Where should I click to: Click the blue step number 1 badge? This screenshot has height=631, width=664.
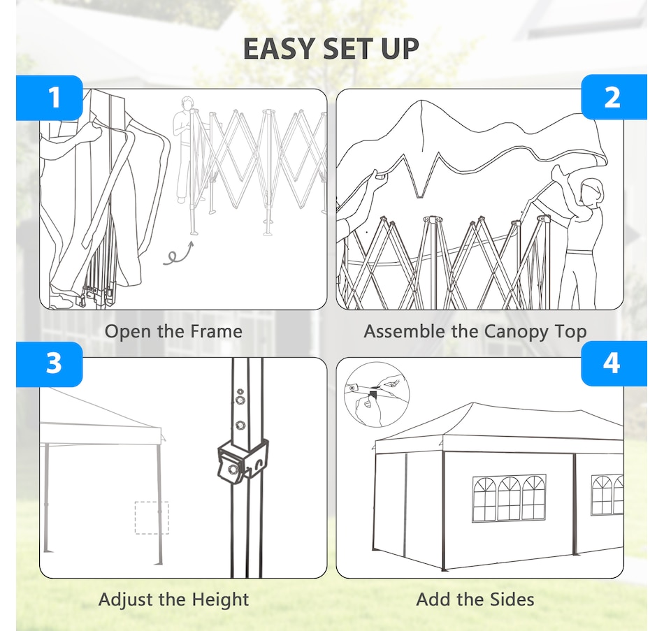tap(50, 98)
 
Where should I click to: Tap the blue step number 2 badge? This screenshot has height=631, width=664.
tap(614, 97)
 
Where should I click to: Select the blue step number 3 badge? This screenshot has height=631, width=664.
tap(50, 364)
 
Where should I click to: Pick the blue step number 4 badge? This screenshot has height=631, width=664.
tap(614, 363)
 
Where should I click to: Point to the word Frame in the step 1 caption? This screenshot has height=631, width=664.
tap(216, 331)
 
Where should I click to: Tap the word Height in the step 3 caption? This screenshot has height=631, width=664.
tap(220, 600)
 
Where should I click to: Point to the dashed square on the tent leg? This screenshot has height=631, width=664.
tap(152, 518)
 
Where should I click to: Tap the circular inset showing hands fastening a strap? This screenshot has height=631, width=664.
tap(377, 395)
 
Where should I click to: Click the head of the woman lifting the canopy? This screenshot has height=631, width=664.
tap(591, 193)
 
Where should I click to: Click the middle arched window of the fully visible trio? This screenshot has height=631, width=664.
tap(509, 498)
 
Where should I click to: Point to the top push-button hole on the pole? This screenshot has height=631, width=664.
tap(240, 392)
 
